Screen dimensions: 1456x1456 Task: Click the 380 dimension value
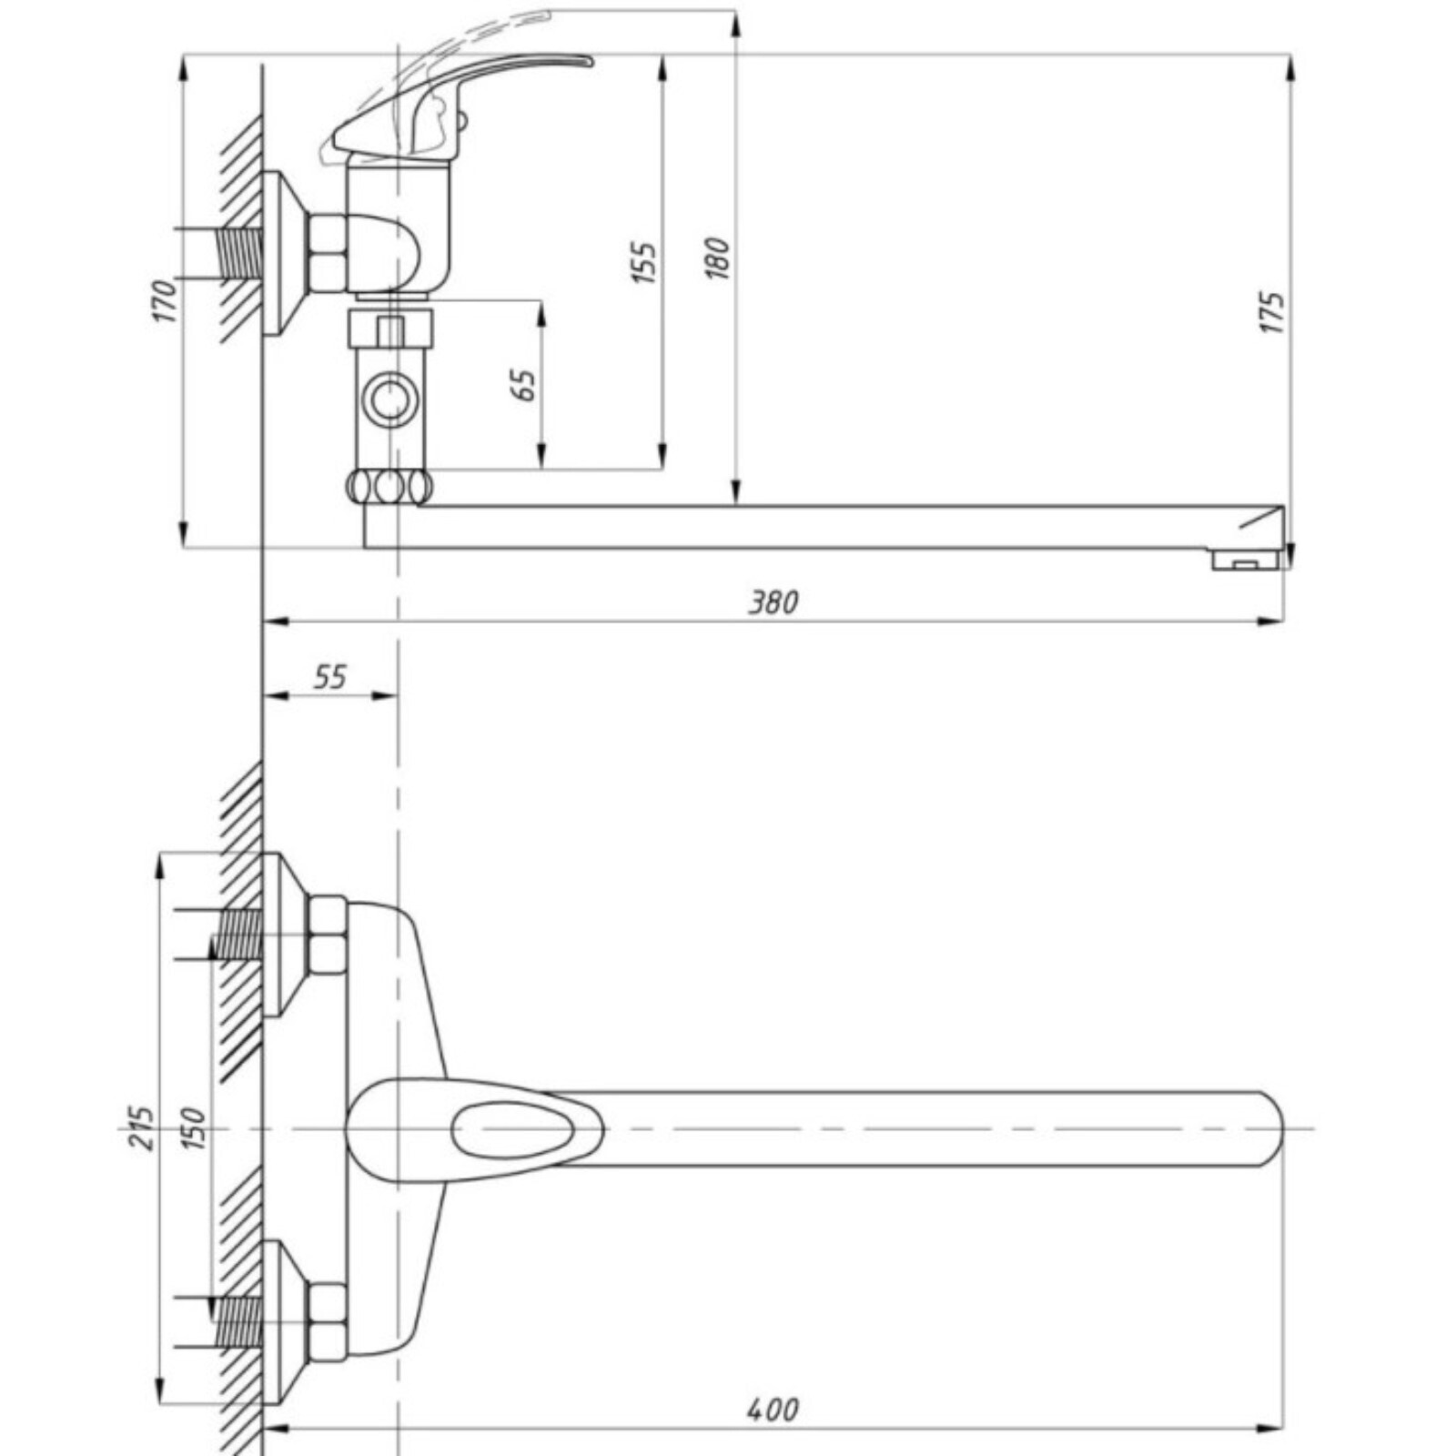773,602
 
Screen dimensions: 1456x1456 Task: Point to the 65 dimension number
524,385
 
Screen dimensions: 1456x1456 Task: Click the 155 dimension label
644,263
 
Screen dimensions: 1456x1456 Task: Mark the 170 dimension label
165,302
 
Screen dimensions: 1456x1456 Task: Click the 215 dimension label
141,1128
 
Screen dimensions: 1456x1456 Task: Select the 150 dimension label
193,1128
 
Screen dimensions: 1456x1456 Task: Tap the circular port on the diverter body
390,399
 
